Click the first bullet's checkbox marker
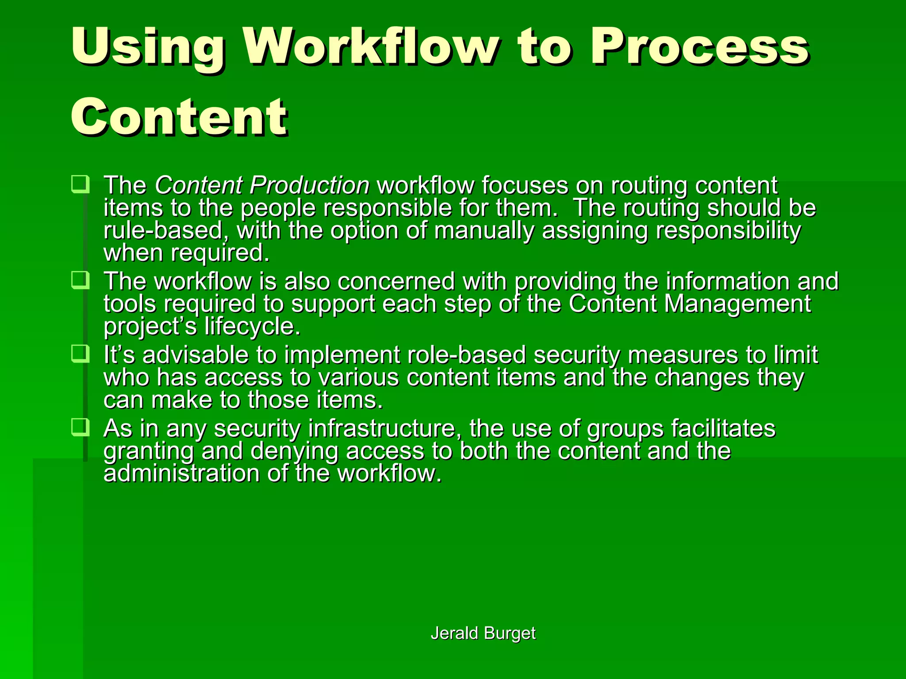80,184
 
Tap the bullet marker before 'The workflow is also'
80,280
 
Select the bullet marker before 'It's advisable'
80,354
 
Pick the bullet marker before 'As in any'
80,427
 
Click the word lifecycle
252,327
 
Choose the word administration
181,474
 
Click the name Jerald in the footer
454,633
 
